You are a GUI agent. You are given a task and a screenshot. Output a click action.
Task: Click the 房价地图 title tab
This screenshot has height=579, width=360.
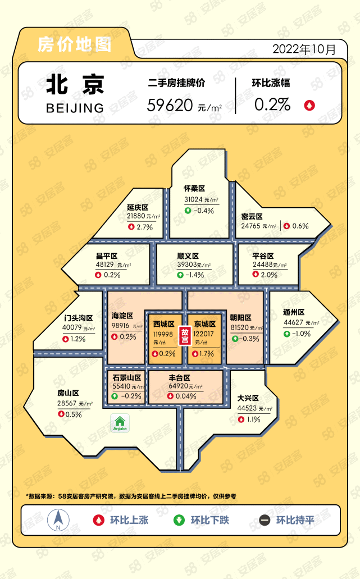[74, 45]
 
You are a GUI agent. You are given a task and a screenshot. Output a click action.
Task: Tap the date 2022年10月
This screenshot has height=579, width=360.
[304, 49]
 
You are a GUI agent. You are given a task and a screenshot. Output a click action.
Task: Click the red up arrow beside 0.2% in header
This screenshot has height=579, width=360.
[309, 104]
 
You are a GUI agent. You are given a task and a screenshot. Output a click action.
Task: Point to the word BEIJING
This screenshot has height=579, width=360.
[75, 107]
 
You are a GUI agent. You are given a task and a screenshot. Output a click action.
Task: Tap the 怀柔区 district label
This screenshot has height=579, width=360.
[195, 189]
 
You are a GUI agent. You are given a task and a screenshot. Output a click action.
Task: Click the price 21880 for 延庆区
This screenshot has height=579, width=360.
[135, 216]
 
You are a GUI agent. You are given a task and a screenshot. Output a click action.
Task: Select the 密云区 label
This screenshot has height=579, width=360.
[252, 216]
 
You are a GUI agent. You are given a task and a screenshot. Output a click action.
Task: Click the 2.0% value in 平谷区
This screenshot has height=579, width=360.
[270, 275]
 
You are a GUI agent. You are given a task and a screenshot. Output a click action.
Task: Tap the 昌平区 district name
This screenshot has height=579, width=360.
[106, 256]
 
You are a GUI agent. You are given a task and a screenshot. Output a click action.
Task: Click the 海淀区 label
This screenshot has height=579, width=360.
[122, 316]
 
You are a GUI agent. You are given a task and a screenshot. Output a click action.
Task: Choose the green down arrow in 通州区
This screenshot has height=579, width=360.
[287, 334]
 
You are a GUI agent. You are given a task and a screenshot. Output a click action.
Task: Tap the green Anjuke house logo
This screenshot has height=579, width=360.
[120, 423]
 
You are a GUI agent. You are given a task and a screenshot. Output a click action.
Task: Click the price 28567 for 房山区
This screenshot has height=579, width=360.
[70, 404]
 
